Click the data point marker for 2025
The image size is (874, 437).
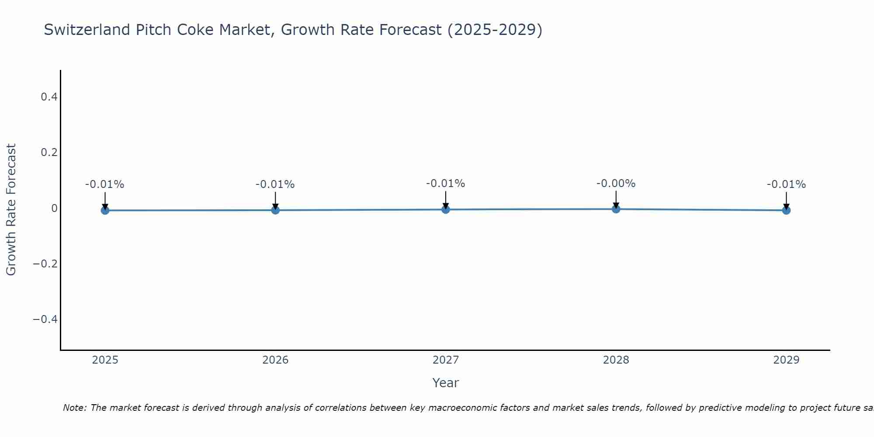point(105,210)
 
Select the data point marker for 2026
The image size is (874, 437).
point(275,210)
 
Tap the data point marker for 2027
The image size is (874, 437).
point(446,209)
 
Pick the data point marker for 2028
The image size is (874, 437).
point(616,209)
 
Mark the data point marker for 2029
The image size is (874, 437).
point(786,210)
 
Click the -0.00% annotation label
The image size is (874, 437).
point(616,184)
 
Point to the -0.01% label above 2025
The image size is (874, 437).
point(105,184)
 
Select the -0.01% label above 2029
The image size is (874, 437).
point(786,184)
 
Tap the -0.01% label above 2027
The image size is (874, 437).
point(446,184)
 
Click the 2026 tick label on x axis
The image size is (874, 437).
point(275,360)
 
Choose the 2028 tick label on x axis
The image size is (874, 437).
point(616,360)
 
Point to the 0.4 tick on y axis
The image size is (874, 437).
point(49,97)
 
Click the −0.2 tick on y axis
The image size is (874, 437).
point(45,264)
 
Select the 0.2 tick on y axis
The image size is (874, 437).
point(49,153)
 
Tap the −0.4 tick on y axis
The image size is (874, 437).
point(45,319)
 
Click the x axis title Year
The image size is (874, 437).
point(445,383)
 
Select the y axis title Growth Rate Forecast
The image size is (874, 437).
point(11,210)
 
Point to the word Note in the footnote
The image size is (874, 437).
point(75,408)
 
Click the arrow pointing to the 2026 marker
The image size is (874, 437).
point(275,200)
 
